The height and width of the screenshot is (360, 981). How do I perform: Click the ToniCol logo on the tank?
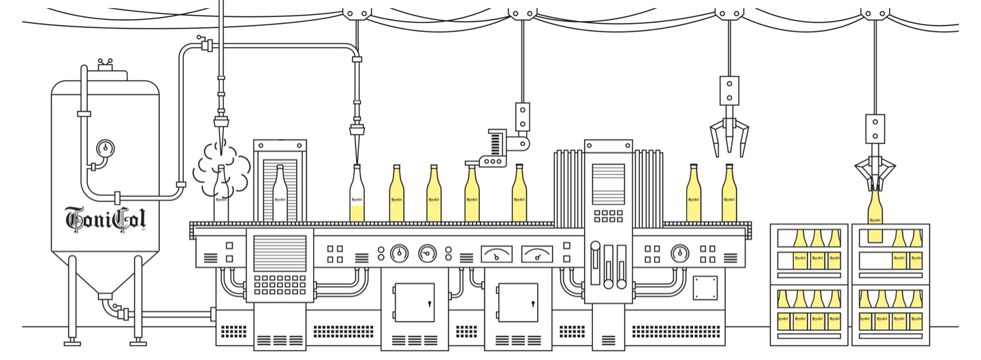click(x=105, y=218)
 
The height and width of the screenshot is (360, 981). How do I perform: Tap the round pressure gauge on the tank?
click(x=106, y=148)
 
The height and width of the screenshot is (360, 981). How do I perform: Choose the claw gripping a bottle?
click(x=875, y=173)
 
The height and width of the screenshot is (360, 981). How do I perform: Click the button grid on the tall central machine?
click(x=608, y=216)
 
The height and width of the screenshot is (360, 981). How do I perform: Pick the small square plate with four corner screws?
click(x=705, y=287)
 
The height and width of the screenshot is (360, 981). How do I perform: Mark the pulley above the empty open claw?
click(x=728, y=12)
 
